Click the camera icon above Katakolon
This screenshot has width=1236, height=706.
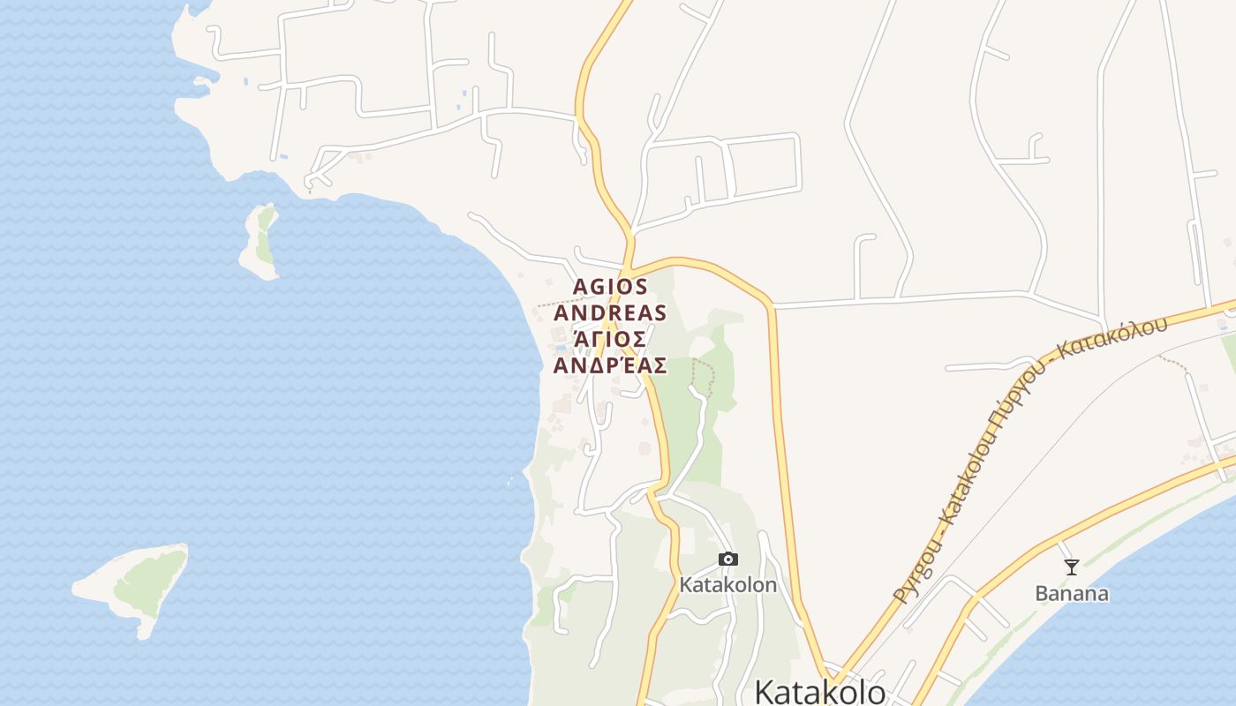(727, 559)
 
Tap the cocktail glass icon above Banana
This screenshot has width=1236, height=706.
(1072, 567)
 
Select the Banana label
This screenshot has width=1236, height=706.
(1072, 593)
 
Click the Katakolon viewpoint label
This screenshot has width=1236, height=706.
(728, 584)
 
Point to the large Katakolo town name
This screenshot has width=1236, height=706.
(820, 691)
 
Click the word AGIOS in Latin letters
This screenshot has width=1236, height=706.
(611, 287)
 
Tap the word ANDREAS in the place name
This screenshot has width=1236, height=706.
(610, 312)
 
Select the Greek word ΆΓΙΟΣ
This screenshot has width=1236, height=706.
(610, 339)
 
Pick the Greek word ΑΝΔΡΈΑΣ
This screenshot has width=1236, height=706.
(610, 364)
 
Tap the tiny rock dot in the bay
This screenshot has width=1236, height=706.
(510, 482)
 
